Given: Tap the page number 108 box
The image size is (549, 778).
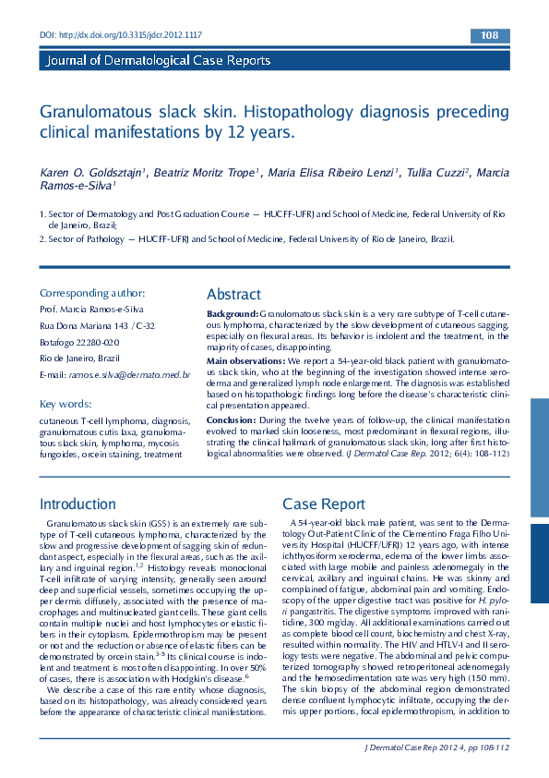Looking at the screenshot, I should (490, 36).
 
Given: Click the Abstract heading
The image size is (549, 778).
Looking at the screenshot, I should (233, 294).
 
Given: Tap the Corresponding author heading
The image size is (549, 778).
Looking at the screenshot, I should (92, 292).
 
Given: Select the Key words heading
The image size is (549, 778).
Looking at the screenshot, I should (66, 404).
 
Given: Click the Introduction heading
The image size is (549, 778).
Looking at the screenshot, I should (78, 504).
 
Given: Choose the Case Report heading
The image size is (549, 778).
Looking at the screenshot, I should (324, 504).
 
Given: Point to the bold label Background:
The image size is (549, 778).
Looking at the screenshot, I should (233, 315).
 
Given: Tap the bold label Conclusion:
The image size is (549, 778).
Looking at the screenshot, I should (232, 419).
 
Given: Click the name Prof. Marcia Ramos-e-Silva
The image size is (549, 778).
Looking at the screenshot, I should (91, 309).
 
